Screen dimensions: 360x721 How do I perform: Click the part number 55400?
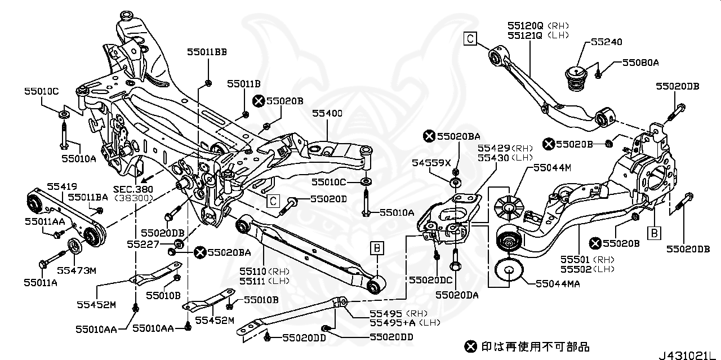pos(327,114)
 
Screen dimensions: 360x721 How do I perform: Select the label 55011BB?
pos(207,52)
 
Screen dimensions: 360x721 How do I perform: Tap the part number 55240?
pos(606,42)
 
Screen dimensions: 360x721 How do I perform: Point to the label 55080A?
pos(640,63)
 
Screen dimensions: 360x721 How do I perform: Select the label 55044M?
pos(553,167)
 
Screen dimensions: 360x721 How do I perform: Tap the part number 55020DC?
pos(431,279)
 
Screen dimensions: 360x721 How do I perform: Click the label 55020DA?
pos(457,294)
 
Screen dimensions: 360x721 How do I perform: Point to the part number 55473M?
pos(77,270)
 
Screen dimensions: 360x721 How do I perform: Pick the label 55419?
pos(61,185)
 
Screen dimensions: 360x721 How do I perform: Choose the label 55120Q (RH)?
pos(538,25)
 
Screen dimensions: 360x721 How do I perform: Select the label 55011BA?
pos(88,197)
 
